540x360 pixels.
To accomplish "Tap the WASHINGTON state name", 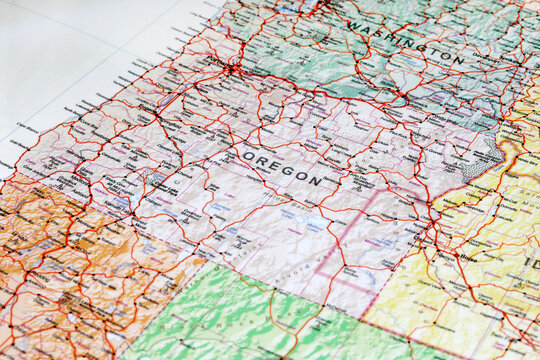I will click(405, 42).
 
